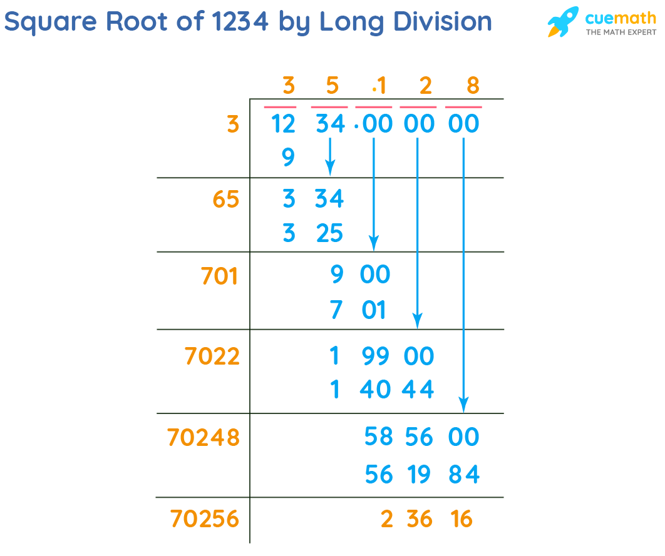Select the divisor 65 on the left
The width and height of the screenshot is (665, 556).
[225, 200]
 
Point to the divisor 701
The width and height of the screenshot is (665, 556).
[220, 276]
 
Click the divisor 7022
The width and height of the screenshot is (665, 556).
[212, 356]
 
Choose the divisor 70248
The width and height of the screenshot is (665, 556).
[204, 438]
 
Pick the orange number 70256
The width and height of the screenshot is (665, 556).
[204, 519]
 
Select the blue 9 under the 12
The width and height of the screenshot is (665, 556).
[287, 157]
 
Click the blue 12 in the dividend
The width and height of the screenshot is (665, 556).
[283, 124]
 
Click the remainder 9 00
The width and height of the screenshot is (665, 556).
[359, 275]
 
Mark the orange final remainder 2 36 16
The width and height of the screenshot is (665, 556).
[426, 519]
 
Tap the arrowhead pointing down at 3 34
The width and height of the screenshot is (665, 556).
[330, 169]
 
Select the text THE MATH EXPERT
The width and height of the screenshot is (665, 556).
[621, 32]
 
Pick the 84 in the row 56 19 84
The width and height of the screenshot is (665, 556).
[464, 475]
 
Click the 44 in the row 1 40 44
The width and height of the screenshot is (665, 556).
[418, 390]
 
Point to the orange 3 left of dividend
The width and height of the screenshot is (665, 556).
[233, 124]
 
